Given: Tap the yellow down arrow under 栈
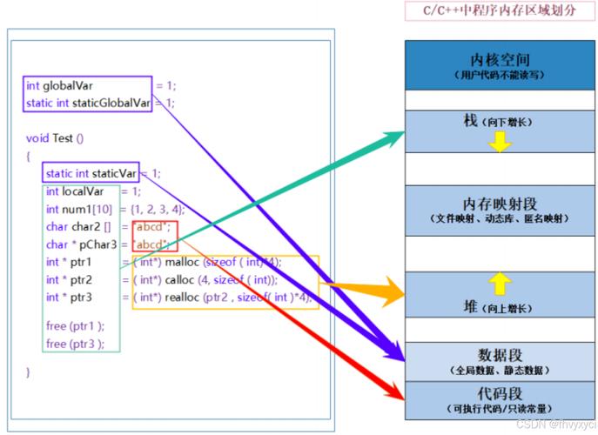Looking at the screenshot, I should (x=499, y=144).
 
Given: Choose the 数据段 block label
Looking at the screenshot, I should (x=500, y=354).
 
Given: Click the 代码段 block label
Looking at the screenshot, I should (x=500, y=393).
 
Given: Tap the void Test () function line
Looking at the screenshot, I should (x=55, y=137).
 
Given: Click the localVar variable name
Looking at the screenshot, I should (x=85, y=191).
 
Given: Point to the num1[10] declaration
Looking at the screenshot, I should (x=87, y=209).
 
